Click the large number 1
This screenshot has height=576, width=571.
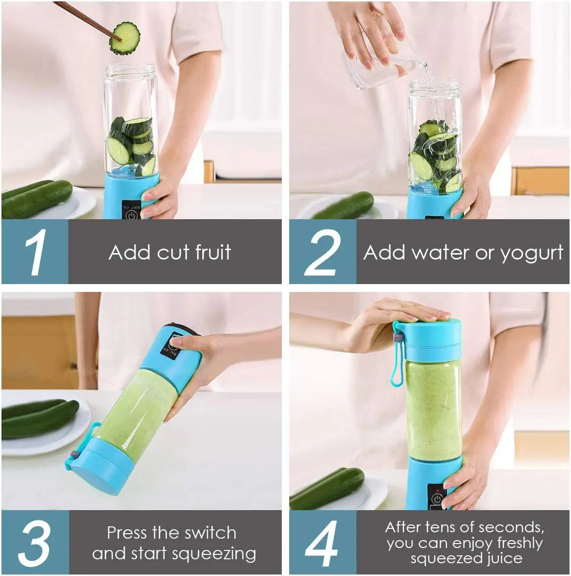(x=35, y=252)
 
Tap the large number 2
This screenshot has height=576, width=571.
(x=322, y=252)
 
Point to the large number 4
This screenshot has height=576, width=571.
(x=322, y=543)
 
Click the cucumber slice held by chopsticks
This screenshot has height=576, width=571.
(x=124, y=38)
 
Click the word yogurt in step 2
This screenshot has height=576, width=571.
(x=531, y=253)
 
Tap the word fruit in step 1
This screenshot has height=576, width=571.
(x=213, y=252)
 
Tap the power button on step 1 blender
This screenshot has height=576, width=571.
(x=131, y=215)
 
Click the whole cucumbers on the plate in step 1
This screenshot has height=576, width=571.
(x=37, y=199)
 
